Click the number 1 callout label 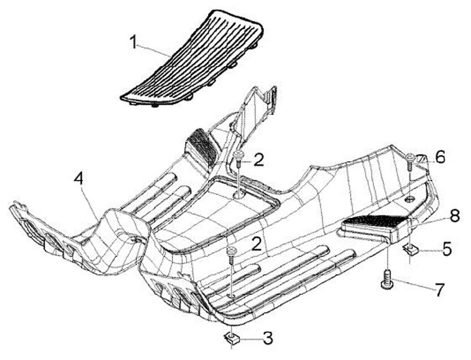(133, 43)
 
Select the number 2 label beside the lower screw (257, 244)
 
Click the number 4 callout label (78, 178)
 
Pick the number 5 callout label (447, 249)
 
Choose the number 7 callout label (440, 288)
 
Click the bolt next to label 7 (387, 281)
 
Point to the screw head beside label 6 (410, 158)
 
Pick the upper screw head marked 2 (239, 154)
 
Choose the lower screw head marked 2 (231, 251)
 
